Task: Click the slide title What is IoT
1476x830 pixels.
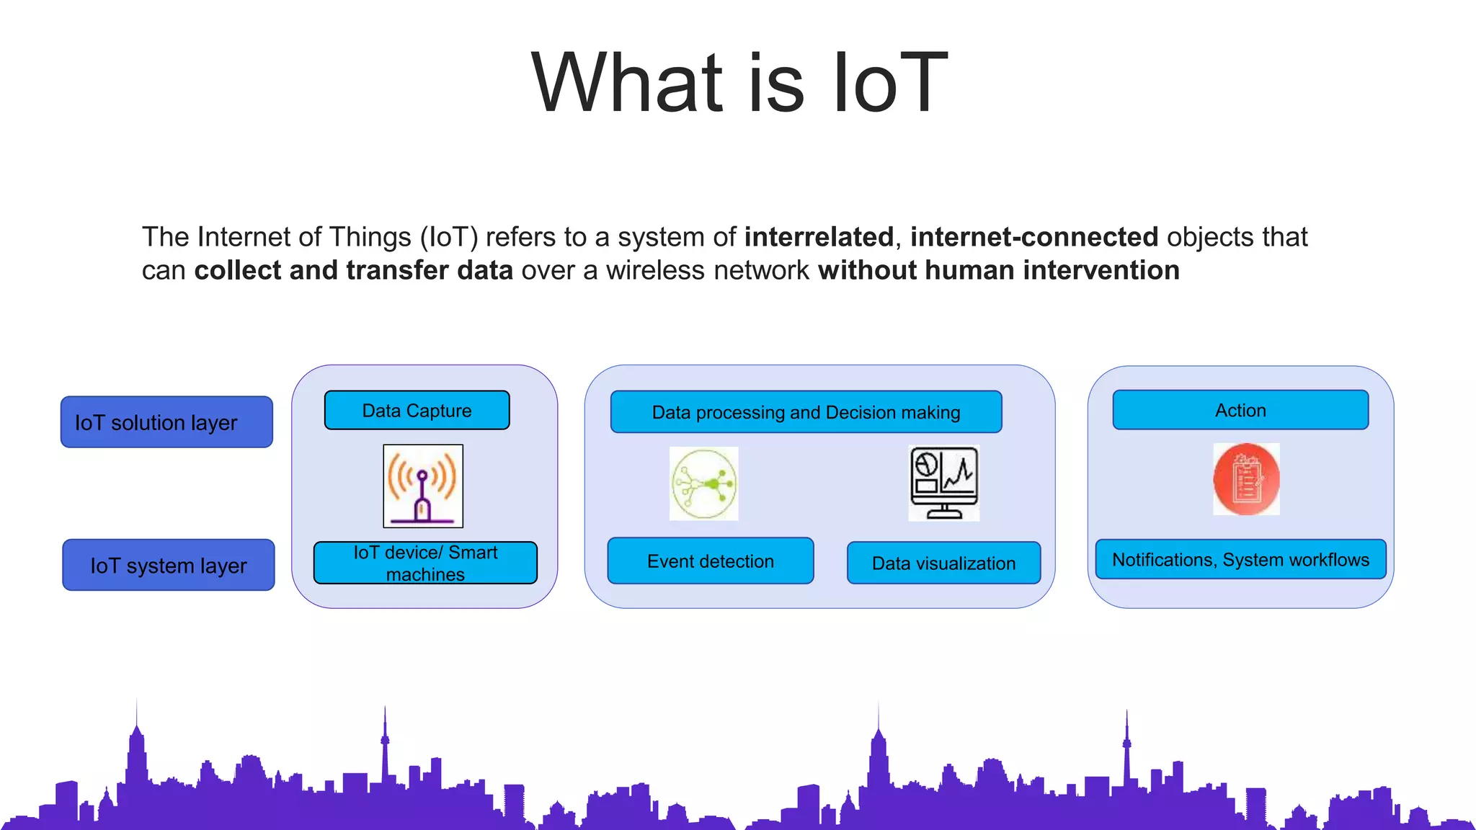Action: click(x=739, y=83)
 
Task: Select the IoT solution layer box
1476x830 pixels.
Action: click(x=166, y=422)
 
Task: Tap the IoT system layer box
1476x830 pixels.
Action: click(x=169, y=566)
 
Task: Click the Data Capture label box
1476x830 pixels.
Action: click(x=417, y=411)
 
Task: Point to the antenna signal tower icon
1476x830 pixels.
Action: click(x=423, y=486)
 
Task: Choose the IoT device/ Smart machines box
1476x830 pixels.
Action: click(x=425, y=563)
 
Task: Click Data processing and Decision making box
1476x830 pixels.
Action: click(x=806, y=412)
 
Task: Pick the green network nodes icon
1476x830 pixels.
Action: click(x=704, y=483)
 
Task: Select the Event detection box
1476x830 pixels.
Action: click(x=711, y=561)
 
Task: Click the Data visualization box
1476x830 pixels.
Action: click(x=943, y=563)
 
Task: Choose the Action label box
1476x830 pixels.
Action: click(x=1240, y=411)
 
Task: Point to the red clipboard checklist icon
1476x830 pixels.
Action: click(x=1246, y=479)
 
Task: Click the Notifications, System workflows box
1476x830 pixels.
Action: click(x=1240, y=560)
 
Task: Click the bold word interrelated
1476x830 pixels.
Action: click(x=819, y=237)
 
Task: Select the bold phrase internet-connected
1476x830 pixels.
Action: click(x=1034, y=237)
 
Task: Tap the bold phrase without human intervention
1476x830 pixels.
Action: click(x=999, y=270)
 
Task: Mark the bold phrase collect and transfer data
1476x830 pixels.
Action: click(x=353, y=270)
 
